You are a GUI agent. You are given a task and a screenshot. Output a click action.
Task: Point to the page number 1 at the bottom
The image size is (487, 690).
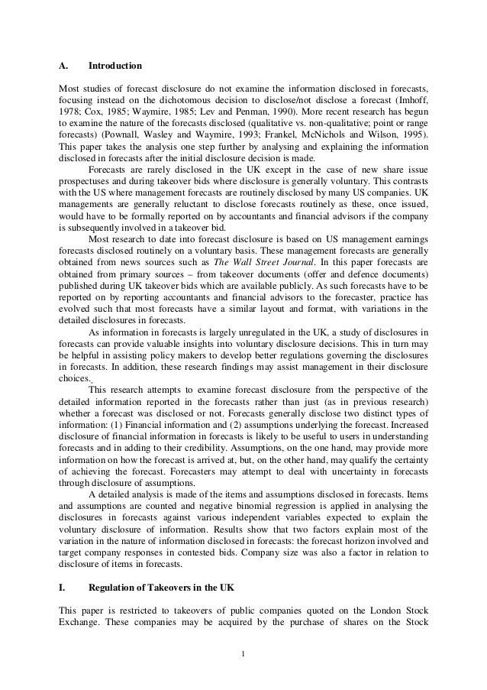click(243, 654)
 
